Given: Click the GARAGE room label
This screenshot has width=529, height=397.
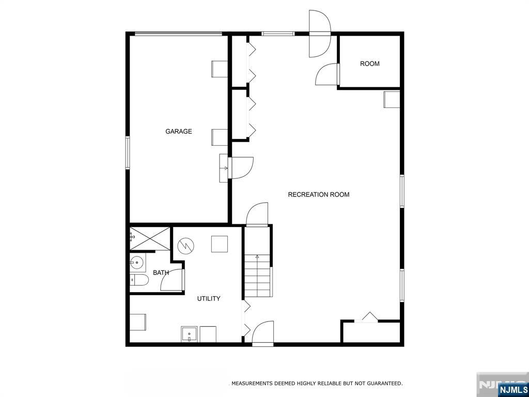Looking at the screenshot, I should point(178,131).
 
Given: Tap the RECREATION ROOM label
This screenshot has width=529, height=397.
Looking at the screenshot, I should point(318,194).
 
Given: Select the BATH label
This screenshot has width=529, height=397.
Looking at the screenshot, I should point(161,272).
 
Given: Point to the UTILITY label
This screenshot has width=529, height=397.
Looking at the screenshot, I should point(209,298).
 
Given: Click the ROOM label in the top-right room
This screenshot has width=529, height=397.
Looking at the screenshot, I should point(369,64).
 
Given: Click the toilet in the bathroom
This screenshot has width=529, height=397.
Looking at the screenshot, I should point(139,280).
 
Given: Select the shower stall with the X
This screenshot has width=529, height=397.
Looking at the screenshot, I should point(150,238).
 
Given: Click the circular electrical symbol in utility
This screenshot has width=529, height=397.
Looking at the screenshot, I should point(185,246).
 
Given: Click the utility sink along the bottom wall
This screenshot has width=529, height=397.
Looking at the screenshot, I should point(190,334).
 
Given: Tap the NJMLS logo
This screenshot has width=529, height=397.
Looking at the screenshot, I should point(513,389).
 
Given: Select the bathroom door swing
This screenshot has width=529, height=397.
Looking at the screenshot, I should point(172,280).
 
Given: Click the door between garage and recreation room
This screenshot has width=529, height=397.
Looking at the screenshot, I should point(241,167).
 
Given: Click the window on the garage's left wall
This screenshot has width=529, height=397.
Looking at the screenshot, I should point(128,152).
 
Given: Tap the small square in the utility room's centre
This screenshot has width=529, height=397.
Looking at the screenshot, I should point(220,244).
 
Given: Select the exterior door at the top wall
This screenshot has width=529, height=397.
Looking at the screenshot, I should point(319,34).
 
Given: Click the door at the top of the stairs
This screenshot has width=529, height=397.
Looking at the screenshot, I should point(258,214).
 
